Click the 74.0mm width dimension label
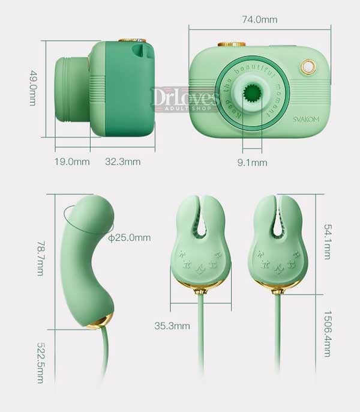click(259, 20)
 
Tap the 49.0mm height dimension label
click(32, 88)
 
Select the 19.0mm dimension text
click(72, 162)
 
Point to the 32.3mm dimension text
click(123, 162)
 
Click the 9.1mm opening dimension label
click(253, 163)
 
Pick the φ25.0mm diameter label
click(130, 238)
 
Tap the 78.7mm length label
click(40, 258)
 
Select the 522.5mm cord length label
click(40, 363)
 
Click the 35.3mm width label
click(172, 326)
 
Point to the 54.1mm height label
click(328, 241)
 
